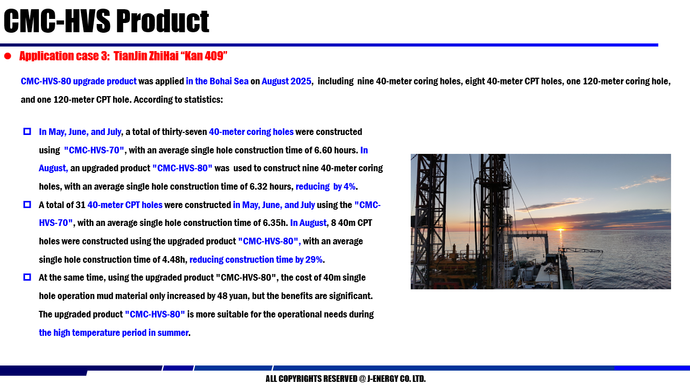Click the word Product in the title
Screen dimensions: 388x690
[x=163, y=21]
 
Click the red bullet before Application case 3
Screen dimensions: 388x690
[x=8, y=56]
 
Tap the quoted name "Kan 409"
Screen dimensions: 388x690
[x=204, y=56]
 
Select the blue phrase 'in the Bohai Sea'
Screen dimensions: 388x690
[x=217, y=81]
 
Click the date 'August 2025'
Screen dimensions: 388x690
[x=286, y=81]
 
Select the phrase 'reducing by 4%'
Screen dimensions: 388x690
[x=325, y=187]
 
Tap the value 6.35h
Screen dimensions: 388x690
[x=273, y=223]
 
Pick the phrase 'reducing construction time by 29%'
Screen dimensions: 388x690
[x=256, y=260]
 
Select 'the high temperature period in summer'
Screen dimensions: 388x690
[x=114, y=333]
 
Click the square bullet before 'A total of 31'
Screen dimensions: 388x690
[x=27, y=204]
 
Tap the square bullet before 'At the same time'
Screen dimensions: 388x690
[x=27, y=277]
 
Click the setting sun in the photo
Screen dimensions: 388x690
[x=561, y=230]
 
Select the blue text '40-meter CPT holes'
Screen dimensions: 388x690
[x=125, y=205]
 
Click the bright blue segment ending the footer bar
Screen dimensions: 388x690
[x=651, y=368]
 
